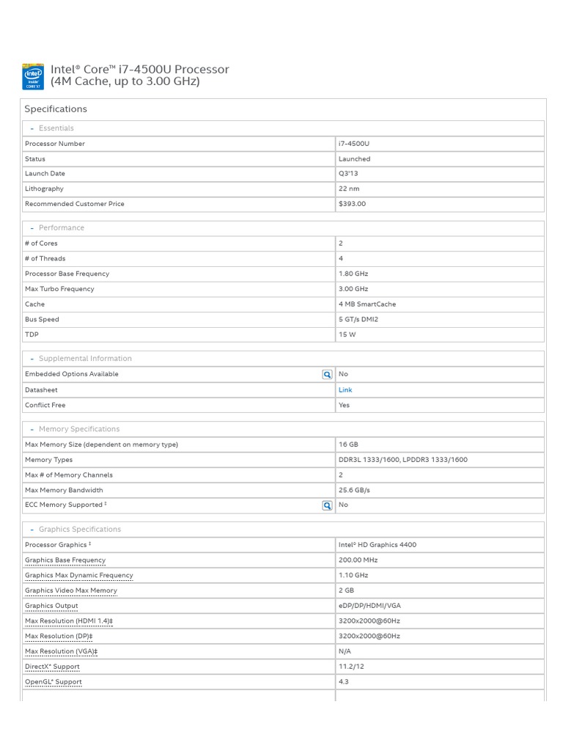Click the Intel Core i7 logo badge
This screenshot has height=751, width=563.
[x=34, y=76]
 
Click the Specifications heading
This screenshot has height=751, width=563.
[x=56, y=109]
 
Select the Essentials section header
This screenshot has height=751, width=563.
[x=56, y=128]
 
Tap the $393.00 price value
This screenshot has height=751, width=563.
[x=352, y=204]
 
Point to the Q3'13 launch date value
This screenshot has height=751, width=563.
[x=348, y=174]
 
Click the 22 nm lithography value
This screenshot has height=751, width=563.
[x=349, y=189]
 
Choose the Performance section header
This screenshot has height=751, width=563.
[x=61, y=228]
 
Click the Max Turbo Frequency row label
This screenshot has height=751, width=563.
[x=59, y=289]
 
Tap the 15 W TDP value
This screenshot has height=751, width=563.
[x=347, y=335]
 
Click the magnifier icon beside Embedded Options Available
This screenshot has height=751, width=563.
[x=327, y=375]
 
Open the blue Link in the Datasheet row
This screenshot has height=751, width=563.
[x=345, y=390]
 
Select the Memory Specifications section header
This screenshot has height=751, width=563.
[x=78, y=429]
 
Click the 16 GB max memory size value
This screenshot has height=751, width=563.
[x=348, y=444]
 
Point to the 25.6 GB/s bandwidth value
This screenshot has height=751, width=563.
[x=354, y=490]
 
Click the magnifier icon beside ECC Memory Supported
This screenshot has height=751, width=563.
[x=327, y=505]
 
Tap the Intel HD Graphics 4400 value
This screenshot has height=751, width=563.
[x=377, y=545]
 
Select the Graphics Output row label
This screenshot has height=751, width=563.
[x=51, y=606]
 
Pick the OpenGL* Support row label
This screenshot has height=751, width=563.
[x=54, y=682]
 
